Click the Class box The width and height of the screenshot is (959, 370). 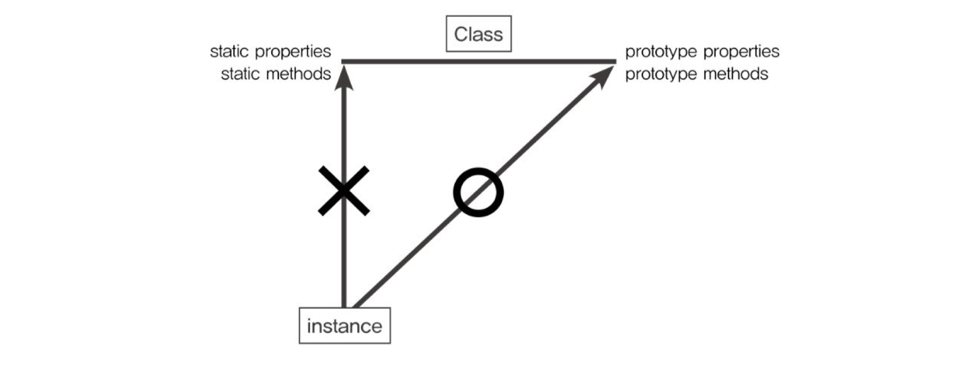pyautogui.click(x=478, y=34)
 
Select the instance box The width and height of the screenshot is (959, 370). pyautogui.click(x=345, y=326)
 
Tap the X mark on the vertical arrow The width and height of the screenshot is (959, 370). pyautogui.click(x=344, y=191)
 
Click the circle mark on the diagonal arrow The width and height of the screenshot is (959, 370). pyautogui.click(x=478, y=193)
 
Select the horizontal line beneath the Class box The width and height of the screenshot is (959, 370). pyautogui.click(x=478, y=62)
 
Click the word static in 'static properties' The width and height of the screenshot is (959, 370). pyautogui.click(x=230, y=52)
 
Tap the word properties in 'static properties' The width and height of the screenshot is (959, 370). pyautogui.click(x=293, y=52)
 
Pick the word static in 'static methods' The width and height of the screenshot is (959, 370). pyautogui.click(x=240, y=74)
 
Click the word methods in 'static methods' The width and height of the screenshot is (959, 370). pyautogui.click(x=298, y=74)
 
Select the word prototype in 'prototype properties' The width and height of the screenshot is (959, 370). pyautogui.click(x=661, y=52)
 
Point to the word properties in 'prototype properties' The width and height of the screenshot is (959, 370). pyautogui.click(x=741, y=52)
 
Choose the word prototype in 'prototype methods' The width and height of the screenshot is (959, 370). pyautogui.click(x=661, y=74)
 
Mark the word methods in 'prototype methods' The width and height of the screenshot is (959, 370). pyautogui.click(x=736, y=74)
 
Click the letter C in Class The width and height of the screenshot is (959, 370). pyautogui.click(x=460, y=35)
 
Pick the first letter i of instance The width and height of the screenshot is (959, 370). pyautogui.click(x=309, y=326)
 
